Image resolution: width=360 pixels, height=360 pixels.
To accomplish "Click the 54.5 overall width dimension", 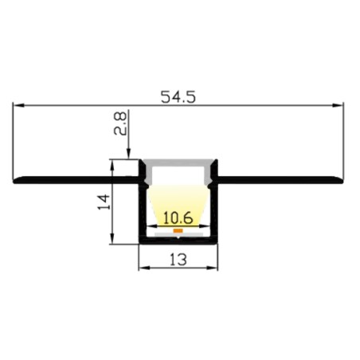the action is pos(178,97).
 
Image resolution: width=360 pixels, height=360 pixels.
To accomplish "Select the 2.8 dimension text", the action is pos(120,123).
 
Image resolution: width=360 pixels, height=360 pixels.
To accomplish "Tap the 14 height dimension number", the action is pos(104,202).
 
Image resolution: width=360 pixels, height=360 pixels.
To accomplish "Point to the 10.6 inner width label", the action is pos(178,218).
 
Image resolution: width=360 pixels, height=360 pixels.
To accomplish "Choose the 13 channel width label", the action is pos(178,260).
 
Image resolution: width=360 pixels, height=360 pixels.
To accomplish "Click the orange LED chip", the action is pos(178,230).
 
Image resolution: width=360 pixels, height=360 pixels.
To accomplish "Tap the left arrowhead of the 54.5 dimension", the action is pos(18,105).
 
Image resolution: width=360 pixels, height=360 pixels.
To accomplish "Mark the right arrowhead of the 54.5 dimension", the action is pos(338,105).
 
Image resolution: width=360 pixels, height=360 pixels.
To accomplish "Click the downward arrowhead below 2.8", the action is pos(128,154).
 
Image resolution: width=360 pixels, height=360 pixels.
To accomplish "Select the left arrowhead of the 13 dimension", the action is pos(144,268).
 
